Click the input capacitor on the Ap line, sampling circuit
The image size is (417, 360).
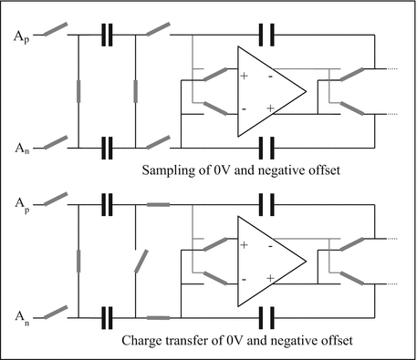107,37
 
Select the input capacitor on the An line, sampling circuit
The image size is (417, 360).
107,145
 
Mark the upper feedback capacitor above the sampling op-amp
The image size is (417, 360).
267,37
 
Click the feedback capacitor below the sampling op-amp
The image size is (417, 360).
267,145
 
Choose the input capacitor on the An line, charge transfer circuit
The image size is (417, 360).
107,317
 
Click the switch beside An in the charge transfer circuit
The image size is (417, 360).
56,312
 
